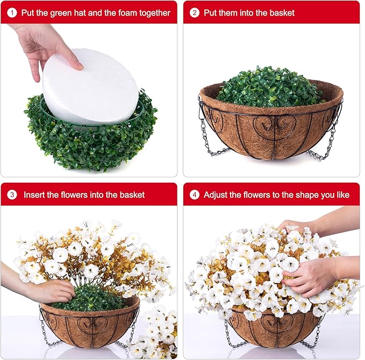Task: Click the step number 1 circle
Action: (x=12, y=12)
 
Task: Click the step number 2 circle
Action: (x=195, y=12)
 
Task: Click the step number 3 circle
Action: (x=12, y=195)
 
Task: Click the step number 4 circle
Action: (x=195, y=195)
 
